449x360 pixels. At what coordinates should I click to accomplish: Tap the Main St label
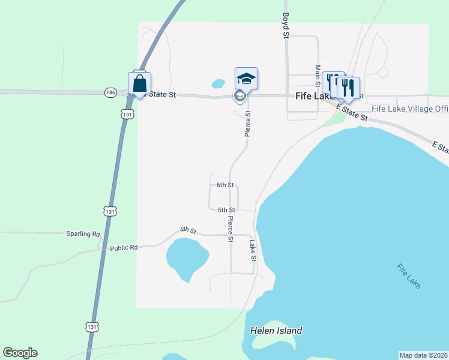tap(318, 76)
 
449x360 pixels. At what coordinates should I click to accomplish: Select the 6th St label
tap(225, 185)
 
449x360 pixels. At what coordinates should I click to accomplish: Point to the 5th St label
tap(226, 210)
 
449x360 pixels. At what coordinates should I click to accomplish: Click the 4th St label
tap(188, 230)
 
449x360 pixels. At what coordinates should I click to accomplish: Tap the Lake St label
tap(253, 251)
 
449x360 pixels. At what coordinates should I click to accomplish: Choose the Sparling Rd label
tap(83, 234)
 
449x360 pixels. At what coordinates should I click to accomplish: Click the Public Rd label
tap(124, 247)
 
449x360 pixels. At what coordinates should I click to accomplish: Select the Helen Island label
tap(276, 331)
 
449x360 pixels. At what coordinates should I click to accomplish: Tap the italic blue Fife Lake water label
tap(409, 276)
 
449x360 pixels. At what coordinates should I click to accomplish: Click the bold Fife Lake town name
tap(310, 96)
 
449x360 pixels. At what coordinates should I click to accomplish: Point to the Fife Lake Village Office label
tap(410, 109)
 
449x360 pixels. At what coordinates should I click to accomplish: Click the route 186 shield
tap(110, 92)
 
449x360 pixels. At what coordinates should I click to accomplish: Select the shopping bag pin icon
tap(139, 83)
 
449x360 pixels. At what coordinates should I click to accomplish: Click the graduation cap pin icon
tap(246, 78)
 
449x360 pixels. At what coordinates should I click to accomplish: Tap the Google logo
tap(20, 353)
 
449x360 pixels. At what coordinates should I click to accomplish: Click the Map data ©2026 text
tap(423, 355)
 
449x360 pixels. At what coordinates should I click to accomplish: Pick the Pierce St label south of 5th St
tap(230, 230)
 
